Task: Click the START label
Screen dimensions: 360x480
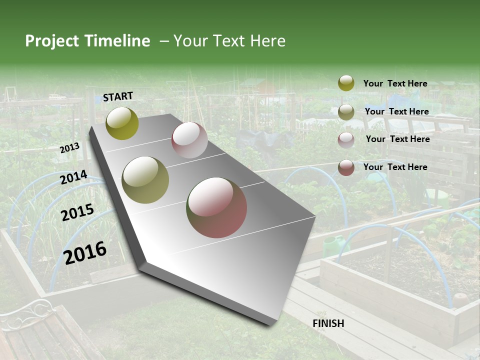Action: (x=118, y=96)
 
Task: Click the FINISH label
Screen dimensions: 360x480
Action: (x=328, y=323)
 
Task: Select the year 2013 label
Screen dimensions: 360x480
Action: (x=69, y=148)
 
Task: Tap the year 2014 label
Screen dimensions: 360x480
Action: (x=73, y=177)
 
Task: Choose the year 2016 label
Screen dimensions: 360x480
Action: (x=85, y=253)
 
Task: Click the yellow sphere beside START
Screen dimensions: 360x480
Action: (x=122, y=123)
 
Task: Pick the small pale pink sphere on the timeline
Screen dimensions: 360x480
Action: (x=189, y=140)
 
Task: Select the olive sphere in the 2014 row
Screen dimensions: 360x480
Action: (x=145, y=180)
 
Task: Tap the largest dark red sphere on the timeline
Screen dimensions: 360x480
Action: (x=216, y=207)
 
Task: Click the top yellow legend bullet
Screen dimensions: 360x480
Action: (x=346, y=83)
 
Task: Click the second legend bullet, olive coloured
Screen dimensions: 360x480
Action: (x=346, y=111)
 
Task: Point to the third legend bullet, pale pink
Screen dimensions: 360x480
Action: (x=346, y=139)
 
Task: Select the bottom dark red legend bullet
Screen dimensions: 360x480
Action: (x=346, y=167)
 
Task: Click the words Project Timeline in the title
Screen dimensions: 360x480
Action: (x=87, y=41)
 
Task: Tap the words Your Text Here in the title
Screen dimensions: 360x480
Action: (x=229, y=41)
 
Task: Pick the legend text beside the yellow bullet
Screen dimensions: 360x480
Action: (x=395, y=83)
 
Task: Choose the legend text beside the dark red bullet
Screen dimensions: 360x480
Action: (x=395, y=167)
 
